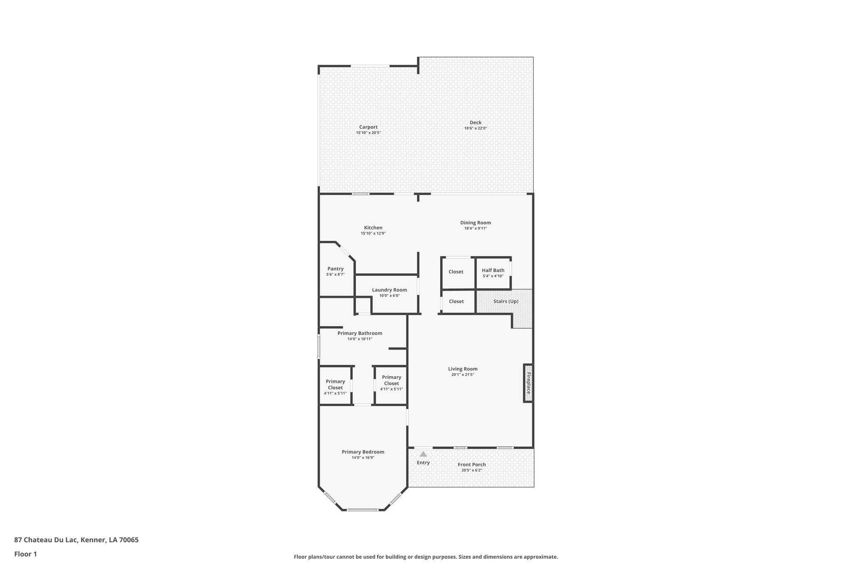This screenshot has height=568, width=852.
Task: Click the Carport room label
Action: pos(368,127)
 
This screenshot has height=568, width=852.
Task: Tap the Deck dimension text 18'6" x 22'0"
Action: pos(476,129)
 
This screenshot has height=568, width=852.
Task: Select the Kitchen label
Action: pos(373,228)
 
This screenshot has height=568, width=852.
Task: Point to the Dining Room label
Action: pos(476,223)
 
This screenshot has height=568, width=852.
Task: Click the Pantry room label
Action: pos(335,269)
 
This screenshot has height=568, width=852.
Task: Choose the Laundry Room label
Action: pos(389,290)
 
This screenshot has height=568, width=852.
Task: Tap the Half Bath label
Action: pos(493,270)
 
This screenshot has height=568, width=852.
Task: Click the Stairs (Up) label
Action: pos(506,301)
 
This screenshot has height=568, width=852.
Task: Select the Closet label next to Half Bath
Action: pos(456,272)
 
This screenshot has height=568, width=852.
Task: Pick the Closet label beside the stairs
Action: pos(456,301)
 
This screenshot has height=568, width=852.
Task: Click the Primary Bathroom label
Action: pos(360,333)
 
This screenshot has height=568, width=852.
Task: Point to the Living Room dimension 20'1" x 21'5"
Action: pos(463,375)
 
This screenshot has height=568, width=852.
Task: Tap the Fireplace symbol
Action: pos(528,383)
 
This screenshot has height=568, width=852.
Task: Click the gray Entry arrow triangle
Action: pos(423,454)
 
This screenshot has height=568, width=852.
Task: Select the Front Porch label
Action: pos(472,465)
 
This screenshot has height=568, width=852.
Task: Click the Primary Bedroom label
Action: pos(363,452)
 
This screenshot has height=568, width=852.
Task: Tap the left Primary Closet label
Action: pos(335,384)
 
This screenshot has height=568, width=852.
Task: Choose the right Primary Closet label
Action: pos(391,380)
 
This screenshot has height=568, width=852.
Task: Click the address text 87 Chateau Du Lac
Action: pos(46,540)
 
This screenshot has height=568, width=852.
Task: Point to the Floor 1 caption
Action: pos(26,554)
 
